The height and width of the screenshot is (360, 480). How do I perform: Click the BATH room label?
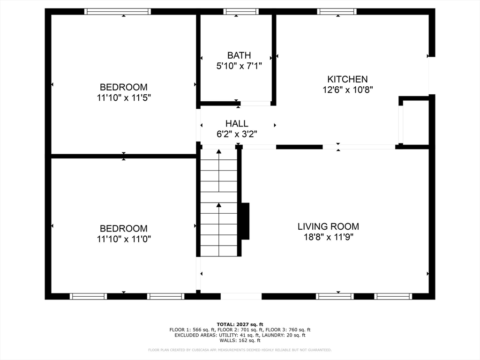coord(239,55)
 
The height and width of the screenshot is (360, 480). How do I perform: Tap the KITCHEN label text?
coord(347,79)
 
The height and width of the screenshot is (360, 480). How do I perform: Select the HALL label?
coord(237,123)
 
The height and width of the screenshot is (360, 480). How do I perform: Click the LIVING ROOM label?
coord(328,226)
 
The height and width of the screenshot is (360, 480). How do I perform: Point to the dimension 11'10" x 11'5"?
coord(124,97)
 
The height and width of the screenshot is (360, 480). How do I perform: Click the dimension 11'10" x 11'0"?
coord(124,239)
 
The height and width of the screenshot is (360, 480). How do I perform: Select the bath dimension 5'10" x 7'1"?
coord(239,66)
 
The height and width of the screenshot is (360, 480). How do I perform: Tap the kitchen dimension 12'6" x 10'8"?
coord(347,90)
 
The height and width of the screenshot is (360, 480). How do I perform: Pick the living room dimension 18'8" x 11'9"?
coord(328,237)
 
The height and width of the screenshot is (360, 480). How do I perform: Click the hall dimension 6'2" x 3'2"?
coord(237,134)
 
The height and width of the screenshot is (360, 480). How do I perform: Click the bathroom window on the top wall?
coord(241,12)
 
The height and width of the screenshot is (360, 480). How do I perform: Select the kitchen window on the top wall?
coord(337,12)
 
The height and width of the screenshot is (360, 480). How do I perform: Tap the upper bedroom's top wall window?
coord(118,12)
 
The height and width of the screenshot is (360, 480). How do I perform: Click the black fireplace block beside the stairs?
coord(245,221)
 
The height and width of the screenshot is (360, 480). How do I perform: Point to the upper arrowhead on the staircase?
coord(219,151)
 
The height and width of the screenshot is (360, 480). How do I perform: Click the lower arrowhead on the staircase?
coord(219,205)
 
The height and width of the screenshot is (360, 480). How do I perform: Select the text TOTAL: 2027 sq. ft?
coord(240,324)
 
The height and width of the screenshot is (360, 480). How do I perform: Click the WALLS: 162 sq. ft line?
coord(240,340)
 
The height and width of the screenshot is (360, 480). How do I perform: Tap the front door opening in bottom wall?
coord(241,296)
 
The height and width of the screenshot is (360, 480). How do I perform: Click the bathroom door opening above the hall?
coord(255,104)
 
